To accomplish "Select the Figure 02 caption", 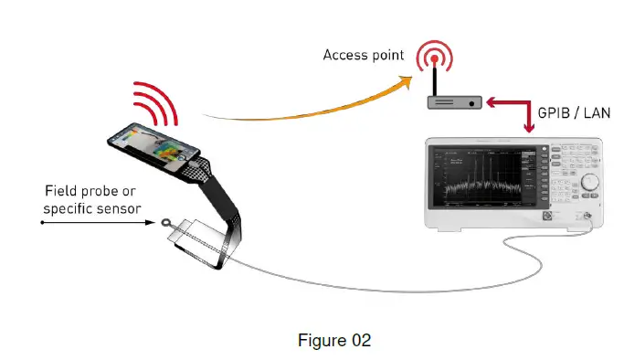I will (x=335, y=340).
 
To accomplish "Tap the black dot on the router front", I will (x=471, y=104).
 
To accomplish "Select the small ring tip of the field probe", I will (x=164, y=222).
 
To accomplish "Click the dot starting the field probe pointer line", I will (x=42, y=222).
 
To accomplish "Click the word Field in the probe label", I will (x=59, y=192).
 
